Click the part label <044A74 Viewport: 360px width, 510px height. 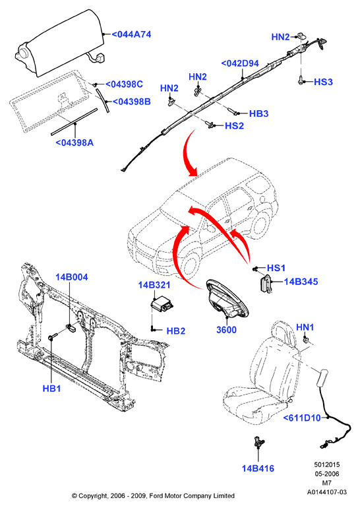(131, 34)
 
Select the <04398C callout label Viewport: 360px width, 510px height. (124, 84)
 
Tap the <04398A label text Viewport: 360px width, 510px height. (75, 143)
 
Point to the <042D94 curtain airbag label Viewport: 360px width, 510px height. (240, 63)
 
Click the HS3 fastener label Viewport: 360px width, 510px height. (323, 82)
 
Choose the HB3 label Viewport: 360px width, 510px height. (258, 113)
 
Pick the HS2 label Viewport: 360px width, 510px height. (234, 125)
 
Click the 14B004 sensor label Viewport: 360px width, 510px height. (71, 277)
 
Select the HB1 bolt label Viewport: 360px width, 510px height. (51, 389)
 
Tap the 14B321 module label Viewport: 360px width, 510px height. (154, 285)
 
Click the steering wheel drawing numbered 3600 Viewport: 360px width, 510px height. (227, 300)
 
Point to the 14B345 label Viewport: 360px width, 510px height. (301, 282)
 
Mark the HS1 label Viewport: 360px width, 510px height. (276, 268)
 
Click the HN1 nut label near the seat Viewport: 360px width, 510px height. (305, 327)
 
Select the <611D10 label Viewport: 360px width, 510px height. (302, 418)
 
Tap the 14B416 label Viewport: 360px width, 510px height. (258, 468)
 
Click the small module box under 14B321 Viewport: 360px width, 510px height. (161, 305)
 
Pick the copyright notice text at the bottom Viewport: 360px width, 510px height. (153, 496)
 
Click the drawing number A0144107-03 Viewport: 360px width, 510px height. (326, 492)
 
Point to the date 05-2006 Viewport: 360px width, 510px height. (326, 474)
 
